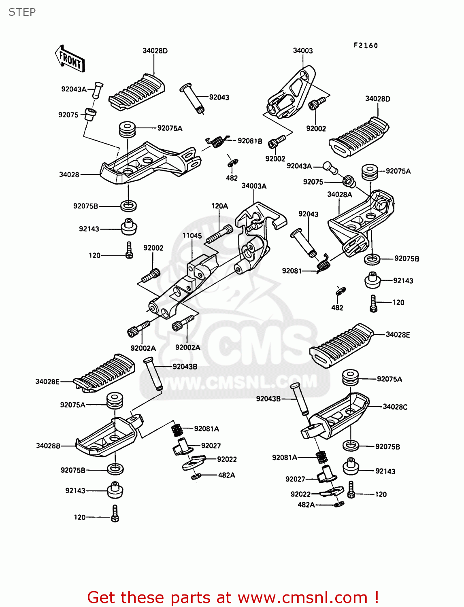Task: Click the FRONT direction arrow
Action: coord(70,59)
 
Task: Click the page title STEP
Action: coord(22,12)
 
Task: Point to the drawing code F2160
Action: coord(366,45)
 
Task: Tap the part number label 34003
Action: coord(303,51)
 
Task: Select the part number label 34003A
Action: coord(254,186)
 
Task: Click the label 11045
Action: coord(192,236)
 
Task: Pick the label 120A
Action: coord(219,206)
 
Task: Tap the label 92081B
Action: coord(250,141)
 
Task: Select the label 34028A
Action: coord(340,195)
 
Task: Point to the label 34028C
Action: coord(395,407)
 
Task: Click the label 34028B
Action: coord(48,446)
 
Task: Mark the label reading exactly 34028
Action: coord(69,174)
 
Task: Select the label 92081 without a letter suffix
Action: coord(292,271)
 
